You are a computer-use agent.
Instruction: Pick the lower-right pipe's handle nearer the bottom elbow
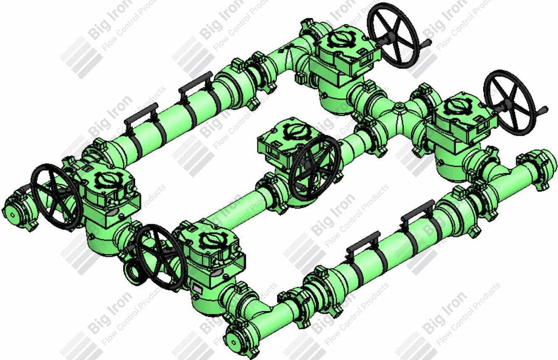(363, 241)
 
